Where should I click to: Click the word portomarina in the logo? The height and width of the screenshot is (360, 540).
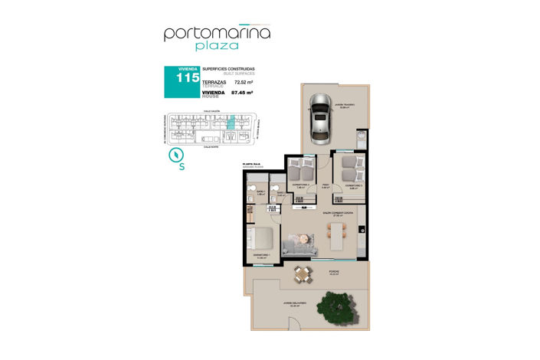(x=217, y=33)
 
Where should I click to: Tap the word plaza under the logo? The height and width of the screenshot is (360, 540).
(x=217, y=48)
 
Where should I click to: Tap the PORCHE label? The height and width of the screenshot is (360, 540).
(x=334, y=271)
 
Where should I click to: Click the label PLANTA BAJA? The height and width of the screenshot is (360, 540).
(x=250, y=162)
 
